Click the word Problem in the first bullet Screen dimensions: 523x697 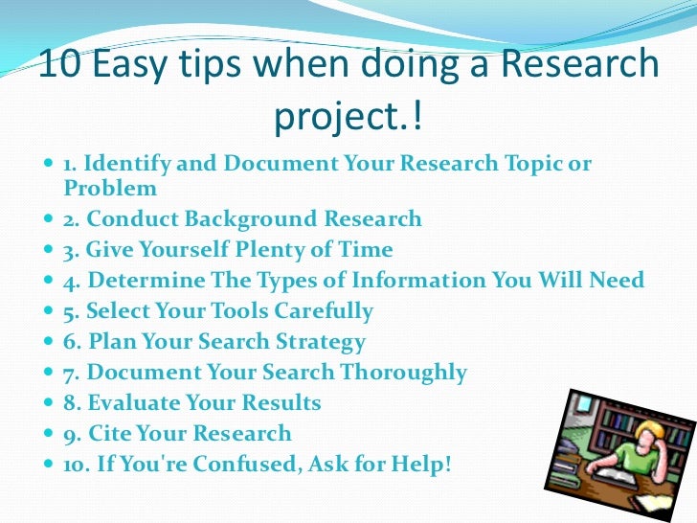pos(110,188)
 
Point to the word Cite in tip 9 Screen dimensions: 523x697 pos(112,434)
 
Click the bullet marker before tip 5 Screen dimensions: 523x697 pos(51,312)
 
